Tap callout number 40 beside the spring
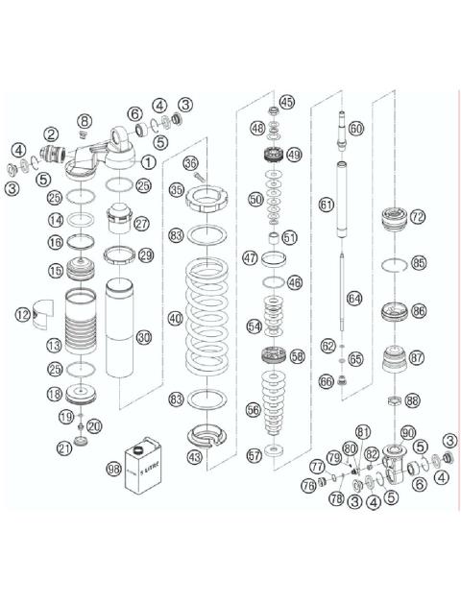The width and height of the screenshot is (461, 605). click(x=175, y=318)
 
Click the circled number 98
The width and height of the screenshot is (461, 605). click(x=115, y=470)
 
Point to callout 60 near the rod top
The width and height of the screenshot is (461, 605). click(x=356, y=128)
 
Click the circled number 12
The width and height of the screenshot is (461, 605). click(x=21, y=314)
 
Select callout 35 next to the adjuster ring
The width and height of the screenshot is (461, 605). click(x=177, y=191)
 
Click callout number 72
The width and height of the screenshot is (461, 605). click(x=416, y=218)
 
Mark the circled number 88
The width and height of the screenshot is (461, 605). click(x=412, y=400)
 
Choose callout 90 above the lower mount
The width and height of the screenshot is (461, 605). click(x=407, y=431)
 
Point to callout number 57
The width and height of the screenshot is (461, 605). click(x=254, y=455)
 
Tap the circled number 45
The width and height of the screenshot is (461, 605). click(x=287, y=102)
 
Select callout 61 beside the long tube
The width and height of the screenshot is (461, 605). click(x=326, y=204)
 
